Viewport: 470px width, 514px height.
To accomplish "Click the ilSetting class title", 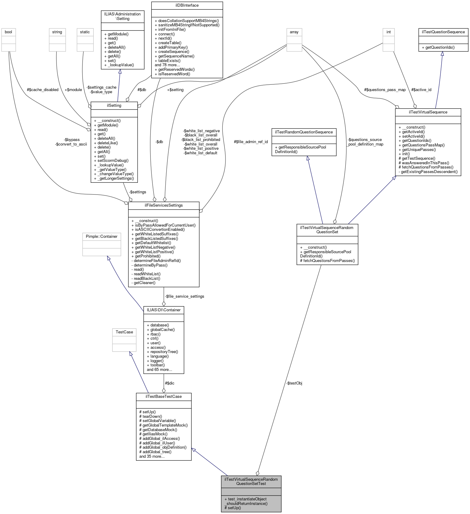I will coord(114,106).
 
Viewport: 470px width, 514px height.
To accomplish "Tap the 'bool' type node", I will coord(8,32).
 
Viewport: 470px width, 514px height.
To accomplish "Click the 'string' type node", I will coord(57,32).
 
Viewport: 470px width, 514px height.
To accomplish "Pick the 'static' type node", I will coord(85,32).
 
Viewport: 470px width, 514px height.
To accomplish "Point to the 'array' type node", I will coord(294,32).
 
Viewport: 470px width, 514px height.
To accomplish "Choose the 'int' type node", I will coord(388,32).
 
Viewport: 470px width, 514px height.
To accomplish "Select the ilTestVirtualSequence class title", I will coord(428,112).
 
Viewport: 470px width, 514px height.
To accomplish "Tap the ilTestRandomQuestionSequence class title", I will coord(304,132).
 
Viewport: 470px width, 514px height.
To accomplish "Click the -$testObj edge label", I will coord(294,383).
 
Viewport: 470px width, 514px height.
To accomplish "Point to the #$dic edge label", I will coord(169,383).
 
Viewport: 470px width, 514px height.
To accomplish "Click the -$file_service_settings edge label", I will coord(184,296).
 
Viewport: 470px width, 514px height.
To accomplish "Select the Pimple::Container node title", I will coord(102,237).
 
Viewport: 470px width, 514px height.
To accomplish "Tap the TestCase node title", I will coord(124,332).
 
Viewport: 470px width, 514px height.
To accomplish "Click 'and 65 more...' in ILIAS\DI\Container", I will coord(159,369).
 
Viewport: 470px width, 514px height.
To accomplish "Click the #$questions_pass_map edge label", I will coord(384,90).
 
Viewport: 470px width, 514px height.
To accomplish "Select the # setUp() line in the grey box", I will coord(233,508).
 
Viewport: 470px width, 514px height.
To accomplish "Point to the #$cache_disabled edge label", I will coord(42,90).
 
